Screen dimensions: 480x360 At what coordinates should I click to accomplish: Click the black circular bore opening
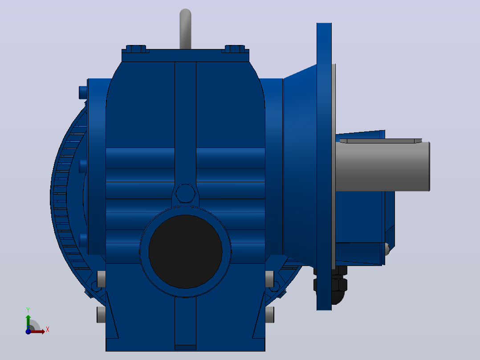coord(186,252)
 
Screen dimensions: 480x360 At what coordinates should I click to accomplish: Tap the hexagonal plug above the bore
coord(185,193)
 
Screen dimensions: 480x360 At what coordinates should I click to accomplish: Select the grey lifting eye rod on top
coord(186,29)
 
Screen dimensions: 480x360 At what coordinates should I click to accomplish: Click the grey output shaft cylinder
coord(382,166)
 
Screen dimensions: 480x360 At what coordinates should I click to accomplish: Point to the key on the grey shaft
coord(381,141)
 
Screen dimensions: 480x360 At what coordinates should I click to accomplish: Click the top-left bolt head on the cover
coord(136,49)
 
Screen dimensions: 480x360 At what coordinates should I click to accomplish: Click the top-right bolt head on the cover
coord(235,49)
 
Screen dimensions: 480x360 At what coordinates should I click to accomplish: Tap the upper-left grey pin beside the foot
coord(102,279)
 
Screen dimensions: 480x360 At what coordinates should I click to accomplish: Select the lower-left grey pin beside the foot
coord(102,315)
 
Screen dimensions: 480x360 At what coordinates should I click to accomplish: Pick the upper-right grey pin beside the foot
coord(269,279)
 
